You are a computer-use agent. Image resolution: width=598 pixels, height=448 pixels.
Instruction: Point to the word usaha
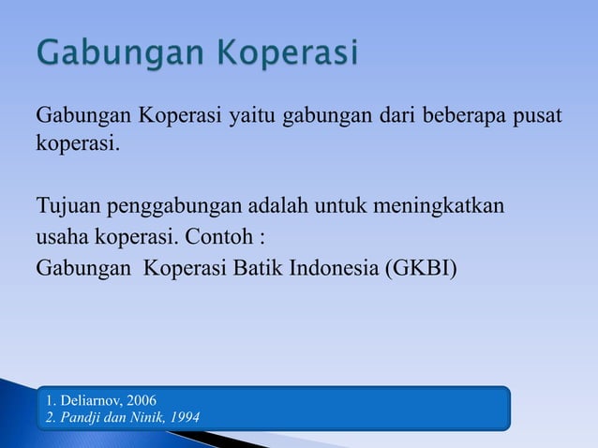62,236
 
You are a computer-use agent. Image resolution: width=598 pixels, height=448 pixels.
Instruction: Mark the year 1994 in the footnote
182,416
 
